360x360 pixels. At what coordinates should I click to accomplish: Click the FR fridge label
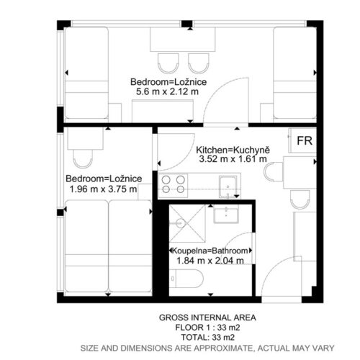pyautogui.click(x=305, y=141)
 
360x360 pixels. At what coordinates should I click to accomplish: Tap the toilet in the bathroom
pyautogui.click(x=186, y=279)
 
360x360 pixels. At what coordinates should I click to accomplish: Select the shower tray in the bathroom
pyautogui.click(x=187, y=223)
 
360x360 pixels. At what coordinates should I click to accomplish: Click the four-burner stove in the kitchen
pyautogui.click(x=173, y=185)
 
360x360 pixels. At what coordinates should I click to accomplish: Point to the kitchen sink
pyautogui.click(x=228, y=187)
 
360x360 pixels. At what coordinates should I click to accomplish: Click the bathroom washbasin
pyautogui.click(x=226, y=214)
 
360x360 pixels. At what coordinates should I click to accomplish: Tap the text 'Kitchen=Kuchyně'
pyautogui.click(x=233, y=150)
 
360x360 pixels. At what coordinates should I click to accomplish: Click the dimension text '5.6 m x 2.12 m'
pyautogui.click(x=167, y=91)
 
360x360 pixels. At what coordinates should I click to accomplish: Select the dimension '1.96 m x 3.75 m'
pyautogui.click(x=103, y=189)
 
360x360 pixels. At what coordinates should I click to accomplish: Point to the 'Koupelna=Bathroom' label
pyautogui.click(x=210, y=251)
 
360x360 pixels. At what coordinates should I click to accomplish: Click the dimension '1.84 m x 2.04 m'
pyautogui.click(x=210, y=261)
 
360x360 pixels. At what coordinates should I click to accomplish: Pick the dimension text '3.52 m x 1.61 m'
pyautogui.click(x=233, y=159)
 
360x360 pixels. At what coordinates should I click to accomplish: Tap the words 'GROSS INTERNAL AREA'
pyautogui.click(x=207, y=318)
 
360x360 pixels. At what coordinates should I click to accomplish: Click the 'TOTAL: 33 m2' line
pyautogui.click(x=207, y=338)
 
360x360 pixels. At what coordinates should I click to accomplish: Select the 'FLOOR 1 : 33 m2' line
pyautogui.click(x=207, y=328)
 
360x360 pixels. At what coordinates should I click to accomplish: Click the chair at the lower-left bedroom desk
pyautogui.click(x=83, y=158)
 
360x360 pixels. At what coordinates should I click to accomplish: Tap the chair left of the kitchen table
pyautogui.click(x=274, y=172)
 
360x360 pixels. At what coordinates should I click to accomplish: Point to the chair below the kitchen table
pyautogui.click(x=300, y=199)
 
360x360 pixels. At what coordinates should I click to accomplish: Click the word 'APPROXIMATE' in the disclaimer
pyautogui.click(x=223, y=348)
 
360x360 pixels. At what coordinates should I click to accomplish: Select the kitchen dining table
pyautogui.click(x=300, y=172)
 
